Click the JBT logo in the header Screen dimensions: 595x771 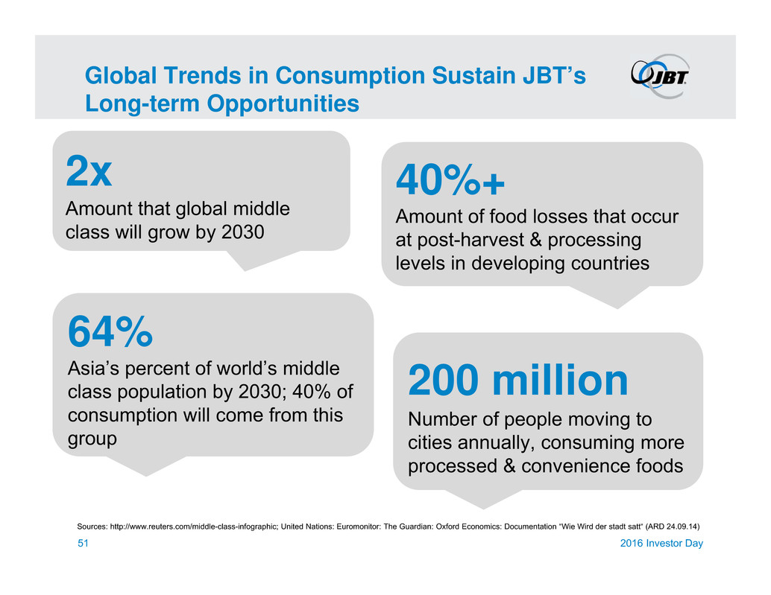[x=660, y=74]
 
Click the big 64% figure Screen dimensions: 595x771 [x=110, y=332]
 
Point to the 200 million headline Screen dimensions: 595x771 [x=518, y=381]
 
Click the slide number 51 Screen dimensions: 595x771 [x=84, y=544]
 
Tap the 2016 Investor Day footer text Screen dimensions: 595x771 [x=663, y=544]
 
